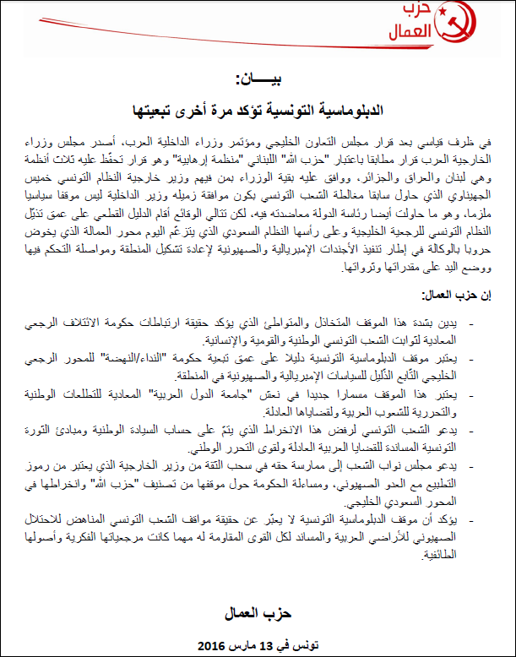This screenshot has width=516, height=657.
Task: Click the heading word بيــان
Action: point(257,81)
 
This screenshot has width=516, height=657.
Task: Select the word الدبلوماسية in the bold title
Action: point(345,110)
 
